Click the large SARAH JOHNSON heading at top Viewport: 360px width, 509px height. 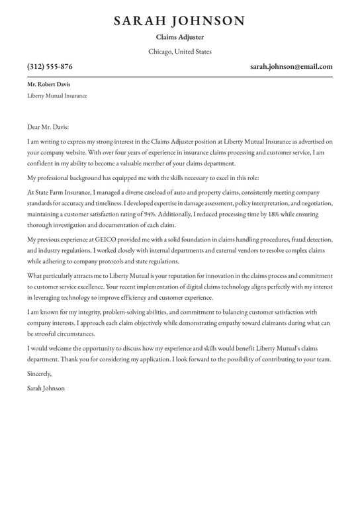point(179,21)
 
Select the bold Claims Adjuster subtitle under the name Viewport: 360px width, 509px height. point(179,38)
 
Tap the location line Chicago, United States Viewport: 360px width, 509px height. point(179,52)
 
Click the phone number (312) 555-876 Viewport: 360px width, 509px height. point(50,67)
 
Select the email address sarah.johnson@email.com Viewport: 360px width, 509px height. point(291,67)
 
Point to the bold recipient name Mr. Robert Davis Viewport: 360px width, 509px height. point(48,85)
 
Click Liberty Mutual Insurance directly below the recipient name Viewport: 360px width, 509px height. point(57,96)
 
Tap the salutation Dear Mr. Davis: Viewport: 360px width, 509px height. point(48,126)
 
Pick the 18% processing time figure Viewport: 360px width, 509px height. point(263,215)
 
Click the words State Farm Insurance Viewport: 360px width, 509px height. point(59,192)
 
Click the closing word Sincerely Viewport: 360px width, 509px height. point(39,373)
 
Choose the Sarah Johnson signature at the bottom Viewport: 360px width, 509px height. point(46,388)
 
